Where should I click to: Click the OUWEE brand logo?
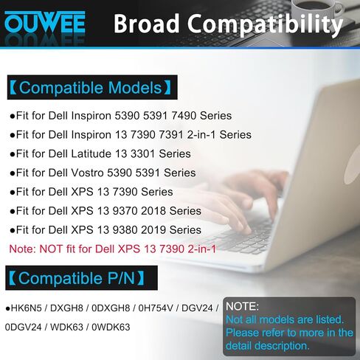click(45, 22)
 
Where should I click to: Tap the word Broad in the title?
click(146, 24)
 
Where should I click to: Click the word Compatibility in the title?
click(265, 25)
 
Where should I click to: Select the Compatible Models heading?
click(92, 88)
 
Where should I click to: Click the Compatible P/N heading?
click(81, 278)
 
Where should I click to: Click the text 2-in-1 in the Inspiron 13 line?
click(201, 134)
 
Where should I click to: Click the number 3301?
click(143, 153)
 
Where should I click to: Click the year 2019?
click(153, 230)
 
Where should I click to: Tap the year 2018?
click(153, 211)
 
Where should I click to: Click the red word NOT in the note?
click(51, 249)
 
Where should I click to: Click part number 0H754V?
click(156, 308)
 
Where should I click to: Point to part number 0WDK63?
click(111, 327)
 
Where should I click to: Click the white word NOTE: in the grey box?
click(242, 306)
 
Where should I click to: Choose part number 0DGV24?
click(23, 327)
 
